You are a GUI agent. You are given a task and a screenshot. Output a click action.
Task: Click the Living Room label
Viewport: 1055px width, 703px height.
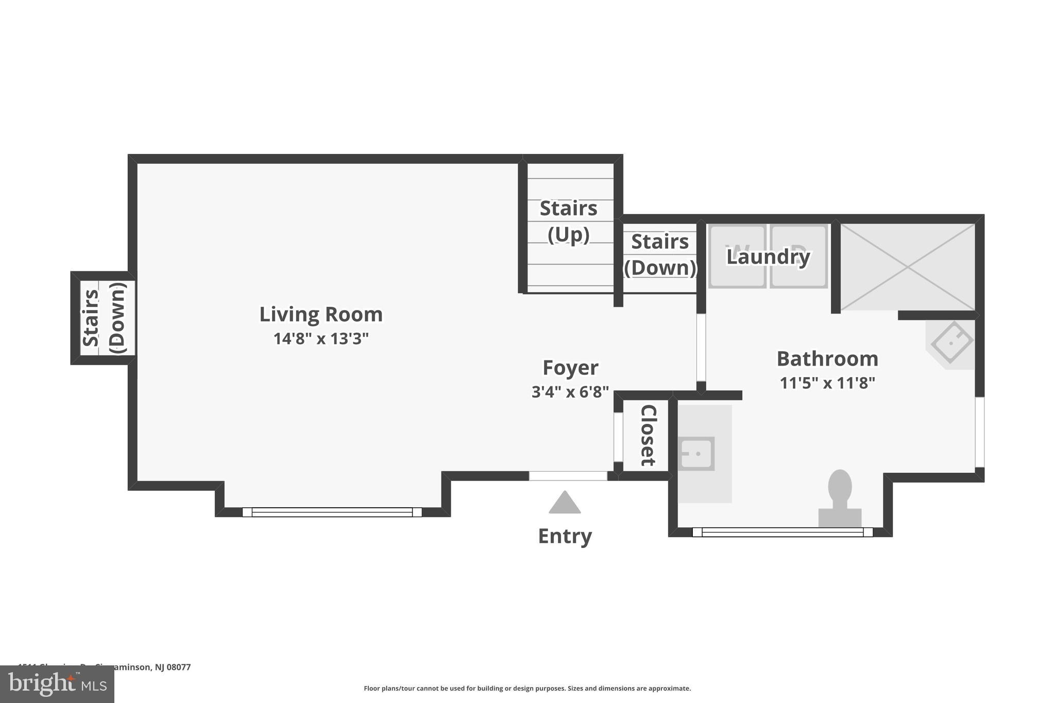(x=320, y=314)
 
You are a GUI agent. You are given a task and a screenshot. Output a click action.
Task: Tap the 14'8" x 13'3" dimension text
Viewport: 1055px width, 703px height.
(x=320, y=339)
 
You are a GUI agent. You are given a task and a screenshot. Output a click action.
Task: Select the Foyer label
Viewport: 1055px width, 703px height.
(x=570, y=368)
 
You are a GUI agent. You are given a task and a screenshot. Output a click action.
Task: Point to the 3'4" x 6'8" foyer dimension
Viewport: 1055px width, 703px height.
(x=570, y=392)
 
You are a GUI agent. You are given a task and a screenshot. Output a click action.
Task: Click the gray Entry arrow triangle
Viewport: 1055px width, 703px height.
(x=565, y=503)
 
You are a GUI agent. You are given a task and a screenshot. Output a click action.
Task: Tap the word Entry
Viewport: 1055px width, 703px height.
(x=565, y=536)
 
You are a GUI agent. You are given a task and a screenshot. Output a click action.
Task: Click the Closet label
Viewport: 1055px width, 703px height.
(x=648, y=436)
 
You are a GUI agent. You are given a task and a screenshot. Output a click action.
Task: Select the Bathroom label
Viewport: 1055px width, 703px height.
(x=827, y=359)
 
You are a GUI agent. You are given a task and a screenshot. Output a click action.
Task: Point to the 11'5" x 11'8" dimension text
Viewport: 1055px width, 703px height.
(x=827, y=383)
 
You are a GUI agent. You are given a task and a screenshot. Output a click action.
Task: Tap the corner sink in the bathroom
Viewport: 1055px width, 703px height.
(x=951, y=342)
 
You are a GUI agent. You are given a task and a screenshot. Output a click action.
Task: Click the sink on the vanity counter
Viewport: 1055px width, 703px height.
(x=696, y=454)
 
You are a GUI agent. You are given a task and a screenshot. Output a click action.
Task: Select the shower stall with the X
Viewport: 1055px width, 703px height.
(x=908, y=267)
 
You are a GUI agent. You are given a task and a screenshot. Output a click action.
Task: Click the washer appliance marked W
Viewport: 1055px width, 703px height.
(x=737, y=256)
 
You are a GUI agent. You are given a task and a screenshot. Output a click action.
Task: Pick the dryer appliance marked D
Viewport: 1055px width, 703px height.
(x=798, y=256)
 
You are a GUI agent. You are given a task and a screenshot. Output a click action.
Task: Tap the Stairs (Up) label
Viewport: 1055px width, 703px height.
(x=568, y=221)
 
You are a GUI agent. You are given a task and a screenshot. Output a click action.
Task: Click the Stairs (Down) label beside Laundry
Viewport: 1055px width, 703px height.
(x=660, y=254)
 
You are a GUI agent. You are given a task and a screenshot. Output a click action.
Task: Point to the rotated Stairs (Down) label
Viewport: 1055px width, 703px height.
(x=104, y=318)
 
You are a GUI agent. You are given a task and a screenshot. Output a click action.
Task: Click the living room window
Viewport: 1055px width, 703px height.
(x=332, y=512)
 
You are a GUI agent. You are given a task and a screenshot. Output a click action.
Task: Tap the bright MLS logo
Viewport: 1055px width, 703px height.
(x=57, y=684)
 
